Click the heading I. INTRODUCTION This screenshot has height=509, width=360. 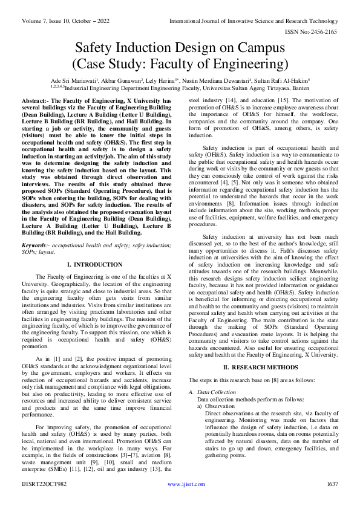coord(94,265)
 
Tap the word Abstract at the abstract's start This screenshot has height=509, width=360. coord(36,100)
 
